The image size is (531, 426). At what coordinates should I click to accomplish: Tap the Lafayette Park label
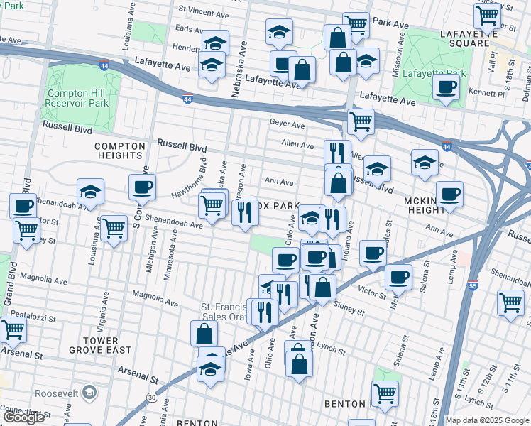click(x=434, y=73)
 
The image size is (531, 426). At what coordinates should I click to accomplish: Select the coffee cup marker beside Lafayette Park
click(x=447, y=88)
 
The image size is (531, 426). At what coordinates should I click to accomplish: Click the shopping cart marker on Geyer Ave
click(x=361, y=122)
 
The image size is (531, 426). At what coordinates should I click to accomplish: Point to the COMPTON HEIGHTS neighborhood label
click(x=119, y=151)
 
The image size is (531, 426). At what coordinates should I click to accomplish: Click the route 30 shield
click(x=153, y=398)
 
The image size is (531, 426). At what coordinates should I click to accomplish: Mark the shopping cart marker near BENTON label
click(x=385, y=394)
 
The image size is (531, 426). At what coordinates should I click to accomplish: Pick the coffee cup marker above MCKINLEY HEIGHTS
click(x=449, y=194)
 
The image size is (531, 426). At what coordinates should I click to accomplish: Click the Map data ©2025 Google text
click(x=486, y=420)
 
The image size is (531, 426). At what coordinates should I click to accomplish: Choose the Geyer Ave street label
click(x=287, y=124)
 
